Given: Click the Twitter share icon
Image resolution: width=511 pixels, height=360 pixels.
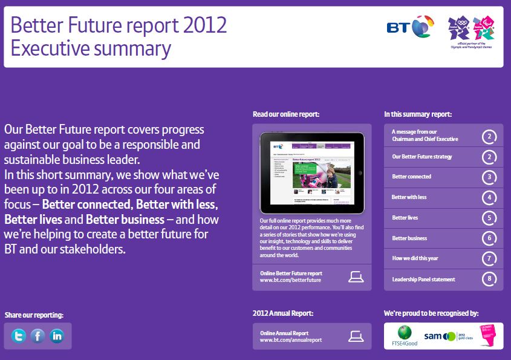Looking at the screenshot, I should tap(19, 336).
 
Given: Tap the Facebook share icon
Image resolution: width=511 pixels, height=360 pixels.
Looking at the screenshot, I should tap(37, 336).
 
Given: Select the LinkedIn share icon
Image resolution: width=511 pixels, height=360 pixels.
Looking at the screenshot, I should tap(57, 336).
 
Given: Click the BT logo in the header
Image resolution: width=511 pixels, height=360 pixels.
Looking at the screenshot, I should tap(409, 28).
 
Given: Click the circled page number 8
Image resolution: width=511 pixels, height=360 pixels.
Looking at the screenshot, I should tap(489, 280).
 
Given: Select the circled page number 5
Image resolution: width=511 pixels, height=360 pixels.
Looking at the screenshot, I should tap(489, 218).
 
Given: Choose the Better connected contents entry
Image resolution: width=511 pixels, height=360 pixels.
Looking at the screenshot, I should tap(412, 177).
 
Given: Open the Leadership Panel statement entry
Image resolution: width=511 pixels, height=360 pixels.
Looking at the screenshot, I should tap(423, 280).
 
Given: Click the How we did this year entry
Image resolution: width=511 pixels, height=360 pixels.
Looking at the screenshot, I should tap(415, 259).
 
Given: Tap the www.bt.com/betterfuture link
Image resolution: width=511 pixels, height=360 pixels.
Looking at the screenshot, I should tap(290, 280).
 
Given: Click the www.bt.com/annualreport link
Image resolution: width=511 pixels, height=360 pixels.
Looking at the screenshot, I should tap(291, 340).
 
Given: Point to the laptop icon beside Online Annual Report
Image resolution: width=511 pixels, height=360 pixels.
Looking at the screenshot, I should tap(356, 336).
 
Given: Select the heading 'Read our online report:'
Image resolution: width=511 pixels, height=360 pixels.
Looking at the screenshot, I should tap(286, 114).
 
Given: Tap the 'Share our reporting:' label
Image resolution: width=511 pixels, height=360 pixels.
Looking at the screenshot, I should tap(34, 315).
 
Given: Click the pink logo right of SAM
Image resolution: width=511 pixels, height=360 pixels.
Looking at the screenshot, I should tap(487, 336).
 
